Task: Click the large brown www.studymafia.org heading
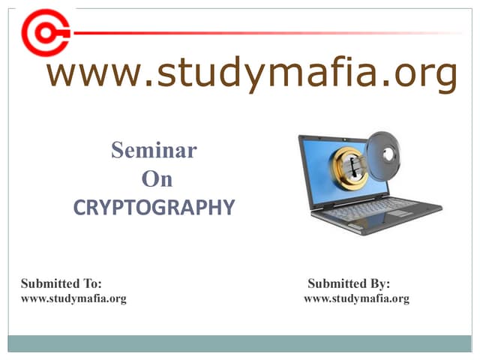tap(251, 74)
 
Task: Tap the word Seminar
tap(154, 151)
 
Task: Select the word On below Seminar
tap(157, 179)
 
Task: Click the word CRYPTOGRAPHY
tap(154, 208)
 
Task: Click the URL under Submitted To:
tap(73, 298)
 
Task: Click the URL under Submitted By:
tap(356, 298)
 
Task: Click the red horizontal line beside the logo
tap(262, 33)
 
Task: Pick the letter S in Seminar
tap(118, 151)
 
